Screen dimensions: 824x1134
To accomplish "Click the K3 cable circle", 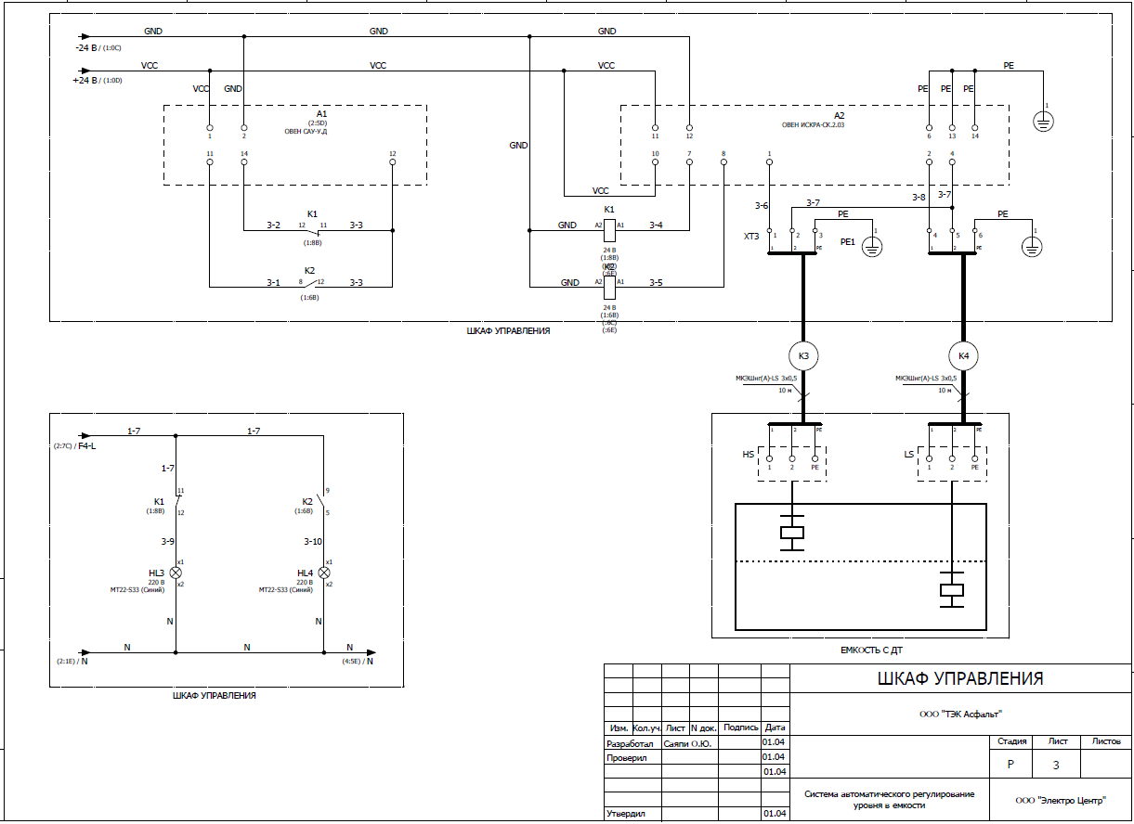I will click(803, 356).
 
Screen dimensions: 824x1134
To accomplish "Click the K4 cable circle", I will click(963, 356).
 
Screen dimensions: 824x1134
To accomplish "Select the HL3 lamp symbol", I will click(176, 573).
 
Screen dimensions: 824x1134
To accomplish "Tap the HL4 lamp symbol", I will click(324, 573).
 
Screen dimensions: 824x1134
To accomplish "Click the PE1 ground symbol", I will click(872, 246).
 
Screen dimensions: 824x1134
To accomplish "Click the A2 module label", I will click(840, 113).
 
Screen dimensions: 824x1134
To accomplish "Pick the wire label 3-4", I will click(656, 225).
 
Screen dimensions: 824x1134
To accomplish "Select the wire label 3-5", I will click(656, 282).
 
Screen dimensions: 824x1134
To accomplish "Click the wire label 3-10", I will click(312, 541).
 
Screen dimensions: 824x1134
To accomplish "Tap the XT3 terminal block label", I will click(750, 237).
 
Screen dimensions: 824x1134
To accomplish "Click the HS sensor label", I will click(748, 455).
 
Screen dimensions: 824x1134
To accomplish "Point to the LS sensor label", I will click(909, 455).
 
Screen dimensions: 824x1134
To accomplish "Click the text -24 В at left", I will click(87, 46).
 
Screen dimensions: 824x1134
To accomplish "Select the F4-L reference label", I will click(88, 446).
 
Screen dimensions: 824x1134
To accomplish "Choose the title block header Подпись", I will click(740, 728).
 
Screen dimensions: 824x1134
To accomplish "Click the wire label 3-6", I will click(762, 205).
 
